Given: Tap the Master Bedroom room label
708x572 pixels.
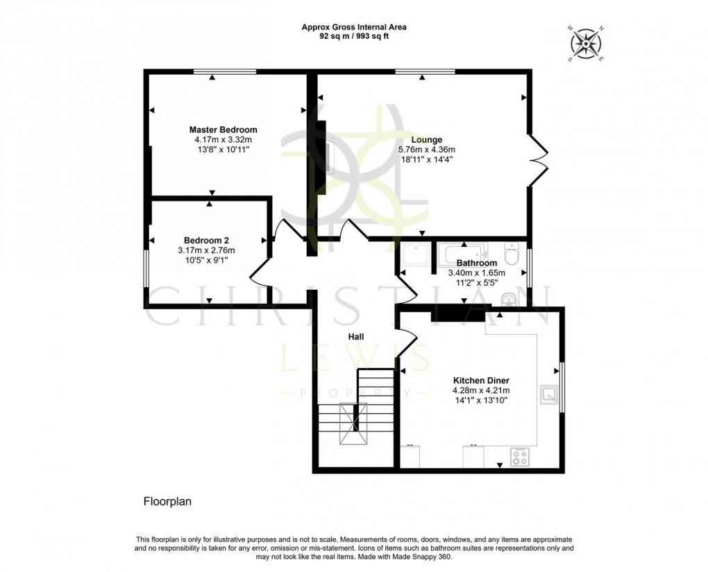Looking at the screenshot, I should point(224,130).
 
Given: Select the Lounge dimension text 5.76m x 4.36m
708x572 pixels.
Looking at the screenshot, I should point(426,149).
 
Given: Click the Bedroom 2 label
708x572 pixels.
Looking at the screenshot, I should point(206,240).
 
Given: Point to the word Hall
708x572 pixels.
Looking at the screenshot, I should point(356,336).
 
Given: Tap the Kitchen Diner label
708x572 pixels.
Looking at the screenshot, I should point(481,381).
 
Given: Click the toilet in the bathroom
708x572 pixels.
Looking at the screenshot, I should point(513,254).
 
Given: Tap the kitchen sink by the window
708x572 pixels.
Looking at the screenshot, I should point(550,395).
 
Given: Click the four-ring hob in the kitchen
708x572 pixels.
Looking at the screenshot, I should point(520,456).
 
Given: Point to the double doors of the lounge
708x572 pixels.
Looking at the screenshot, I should point(539,161).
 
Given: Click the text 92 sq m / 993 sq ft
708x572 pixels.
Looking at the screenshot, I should point(354,36).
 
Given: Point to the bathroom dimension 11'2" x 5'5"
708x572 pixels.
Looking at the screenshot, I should point(476,282).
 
